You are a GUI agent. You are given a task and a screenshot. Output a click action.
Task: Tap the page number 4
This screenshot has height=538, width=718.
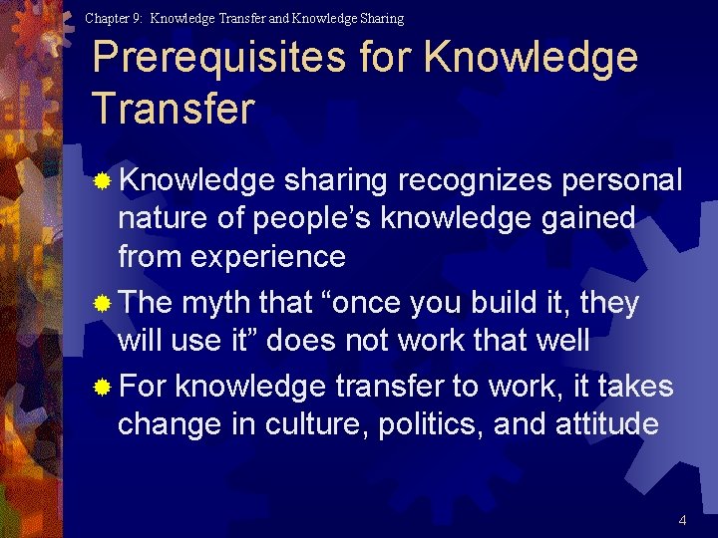coord(682,520)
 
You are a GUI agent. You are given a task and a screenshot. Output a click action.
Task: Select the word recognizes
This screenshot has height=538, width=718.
coord(475,180)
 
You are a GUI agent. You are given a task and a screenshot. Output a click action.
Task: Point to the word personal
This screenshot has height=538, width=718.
coord(622,180)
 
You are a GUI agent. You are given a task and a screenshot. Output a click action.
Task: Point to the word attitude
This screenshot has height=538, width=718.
coord(610,424)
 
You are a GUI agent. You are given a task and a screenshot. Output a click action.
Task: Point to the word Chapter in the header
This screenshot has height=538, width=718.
coord(108,18)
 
